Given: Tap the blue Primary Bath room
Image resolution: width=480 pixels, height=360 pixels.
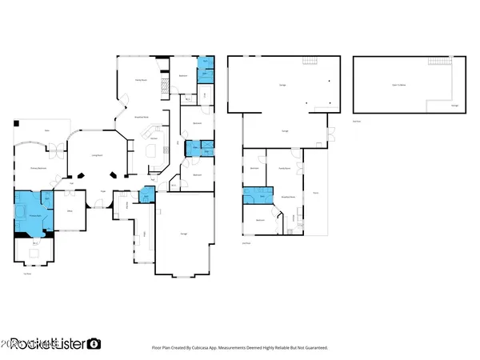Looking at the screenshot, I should [32, 211].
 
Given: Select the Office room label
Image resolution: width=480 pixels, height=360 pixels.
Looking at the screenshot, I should [70, 211].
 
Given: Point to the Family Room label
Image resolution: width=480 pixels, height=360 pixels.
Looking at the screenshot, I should [138, 81].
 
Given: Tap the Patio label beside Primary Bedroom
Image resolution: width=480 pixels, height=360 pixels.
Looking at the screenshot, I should [47, 130].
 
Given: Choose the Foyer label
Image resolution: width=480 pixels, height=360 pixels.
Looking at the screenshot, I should [103, 190].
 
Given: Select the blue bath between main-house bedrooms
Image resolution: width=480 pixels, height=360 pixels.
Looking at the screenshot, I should [193, 147].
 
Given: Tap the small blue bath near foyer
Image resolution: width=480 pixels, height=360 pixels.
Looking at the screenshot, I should [146, 194].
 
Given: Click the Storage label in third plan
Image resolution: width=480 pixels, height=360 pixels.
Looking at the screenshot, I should [454, 104].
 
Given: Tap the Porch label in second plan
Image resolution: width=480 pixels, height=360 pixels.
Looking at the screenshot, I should [315, 193].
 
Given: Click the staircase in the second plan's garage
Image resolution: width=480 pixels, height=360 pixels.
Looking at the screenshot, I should [310, 63].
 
